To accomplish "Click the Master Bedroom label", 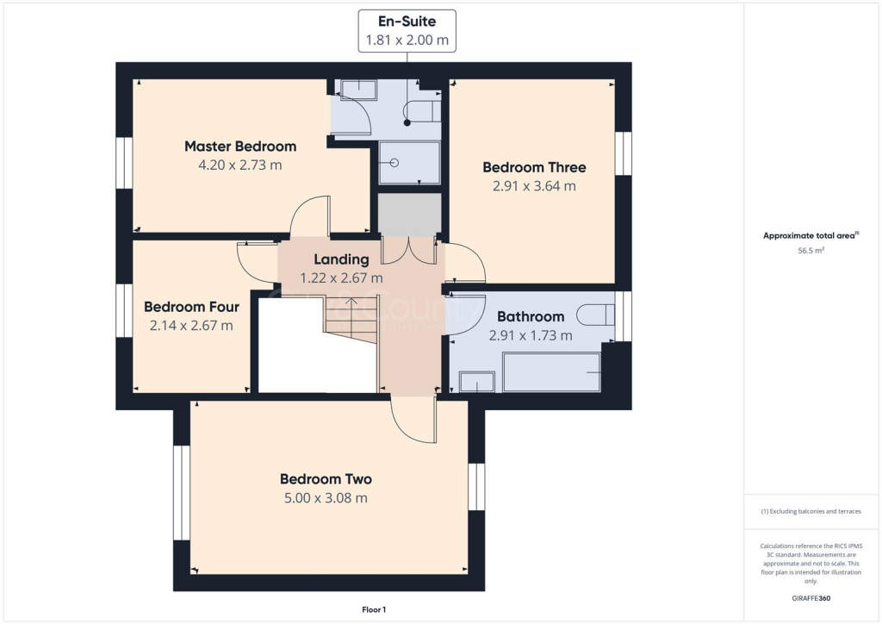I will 239,147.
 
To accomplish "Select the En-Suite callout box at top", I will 407,31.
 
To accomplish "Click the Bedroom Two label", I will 326,479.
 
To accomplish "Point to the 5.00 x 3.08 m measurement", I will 326,498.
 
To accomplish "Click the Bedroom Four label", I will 191,307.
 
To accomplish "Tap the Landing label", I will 341,259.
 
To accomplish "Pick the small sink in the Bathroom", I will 476,381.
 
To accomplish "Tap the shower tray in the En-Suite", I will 409,163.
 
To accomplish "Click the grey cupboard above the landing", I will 409,214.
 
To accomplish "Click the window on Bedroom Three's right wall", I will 623,153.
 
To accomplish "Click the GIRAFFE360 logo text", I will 811,597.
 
